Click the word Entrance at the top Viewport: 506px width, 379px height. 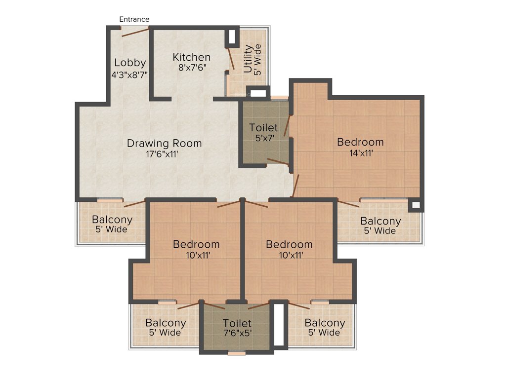[134, 19]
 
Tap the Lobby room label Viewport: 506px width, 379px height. [130, 63]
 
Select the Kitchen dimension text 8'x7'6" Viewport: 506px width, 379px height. [192, 68]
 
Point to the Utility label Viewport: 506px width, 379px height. [248, 59]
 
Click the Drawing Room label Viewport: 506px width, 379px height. [164, 143]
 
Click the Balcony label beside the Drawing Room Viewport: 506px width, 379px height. [112, 220]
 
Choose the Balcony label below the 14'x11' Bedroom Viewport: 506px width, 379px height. [380, 221]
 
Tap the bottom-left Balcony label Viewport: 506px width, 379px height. [166, 323]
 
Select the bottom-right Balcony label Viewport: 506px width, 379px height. [325, 323]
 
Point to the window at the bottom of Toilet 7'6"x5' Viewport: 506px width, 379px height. [237, 353]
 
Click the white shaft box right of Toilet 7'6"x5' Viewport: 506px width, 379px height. [279, 325]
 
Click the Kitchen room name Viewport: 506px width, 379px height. [191, 57]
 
